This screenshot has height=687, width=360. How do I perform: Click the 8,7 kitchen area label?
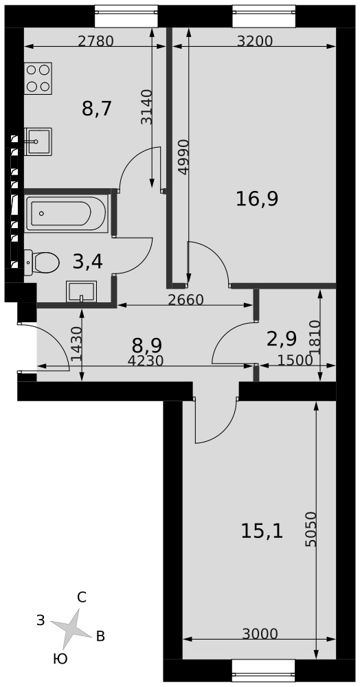point(98,109)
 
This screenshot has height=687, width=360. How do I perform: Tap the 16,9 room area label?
point(257,199)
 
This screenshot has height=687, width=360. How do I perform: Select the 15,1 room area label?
point(262,532)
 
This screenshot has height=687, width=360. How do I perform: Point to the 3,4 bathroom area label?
point(88,262)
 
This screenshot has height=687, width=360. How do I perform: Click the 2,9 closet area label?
point(282,339)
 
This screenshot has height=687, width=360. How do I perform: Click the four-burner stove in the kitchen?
point(38,78)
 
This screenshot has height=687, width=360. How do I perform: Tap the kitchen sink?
point(38,142)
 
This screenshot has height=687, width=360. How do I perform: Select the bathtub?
point(67,214)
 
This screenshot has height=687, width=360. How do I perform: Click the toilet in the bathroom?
point(42,262)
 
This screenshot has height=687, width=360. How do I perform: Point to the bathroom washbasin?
point(80,292)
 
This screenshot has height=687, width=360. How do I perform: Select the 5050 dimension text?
point(310,529)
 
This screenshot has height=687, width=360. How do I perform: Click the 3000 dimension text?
point(260,633)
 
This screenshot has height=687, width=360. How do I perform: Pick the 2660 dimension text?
point(186,300)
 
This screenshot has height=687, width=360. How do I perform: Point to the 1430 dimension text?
point(76,344)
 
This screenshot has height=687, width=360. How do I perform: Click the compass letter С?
point(82,597)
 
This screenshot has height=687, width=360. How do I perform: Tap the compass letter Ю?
point(60,659)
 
